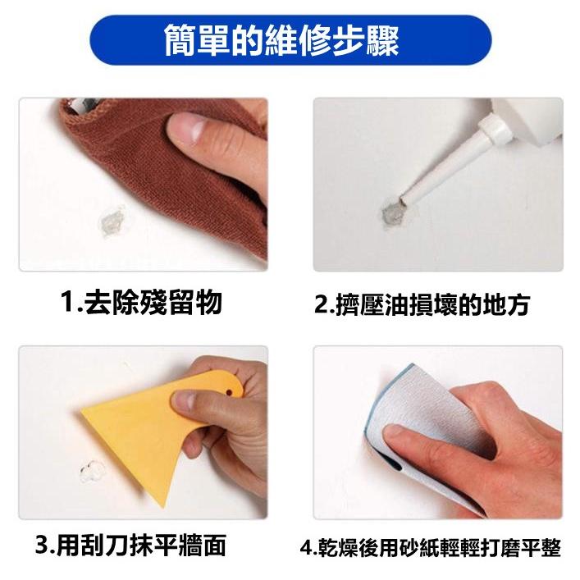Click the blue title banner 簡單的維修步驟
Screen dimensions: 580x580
pyautogui.click(x=290, y=40)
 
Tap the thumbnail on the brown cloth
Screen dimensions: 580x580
pyautogui.click(x=190, y=127)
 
